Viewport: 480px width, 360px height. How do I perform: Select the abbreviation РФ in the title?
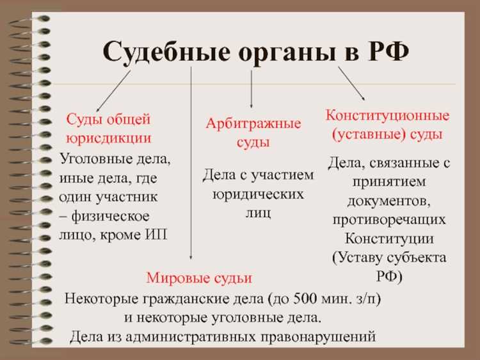tap(384, 50)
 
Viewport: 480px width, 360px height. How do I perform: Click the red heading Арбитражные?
tap(253, 124)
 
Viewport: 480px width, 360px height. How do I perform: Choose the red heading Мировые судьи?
tap(199, 278)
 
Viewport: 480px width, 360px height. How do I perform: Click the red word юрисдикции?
tap(108, 137)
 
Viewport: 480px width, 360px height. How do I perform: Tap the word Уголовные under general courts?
tap(93, 157)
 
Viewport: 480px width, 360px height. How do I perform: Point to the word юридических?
tap(258, 193)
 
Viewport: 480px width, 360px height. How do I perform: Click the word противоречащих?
tap(389, 220)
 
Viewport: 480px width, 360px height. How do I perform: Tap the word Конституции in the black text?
tap(389, 239)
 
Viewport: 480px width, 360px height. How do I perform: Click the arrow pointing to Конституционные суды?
tap(351, 83)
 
